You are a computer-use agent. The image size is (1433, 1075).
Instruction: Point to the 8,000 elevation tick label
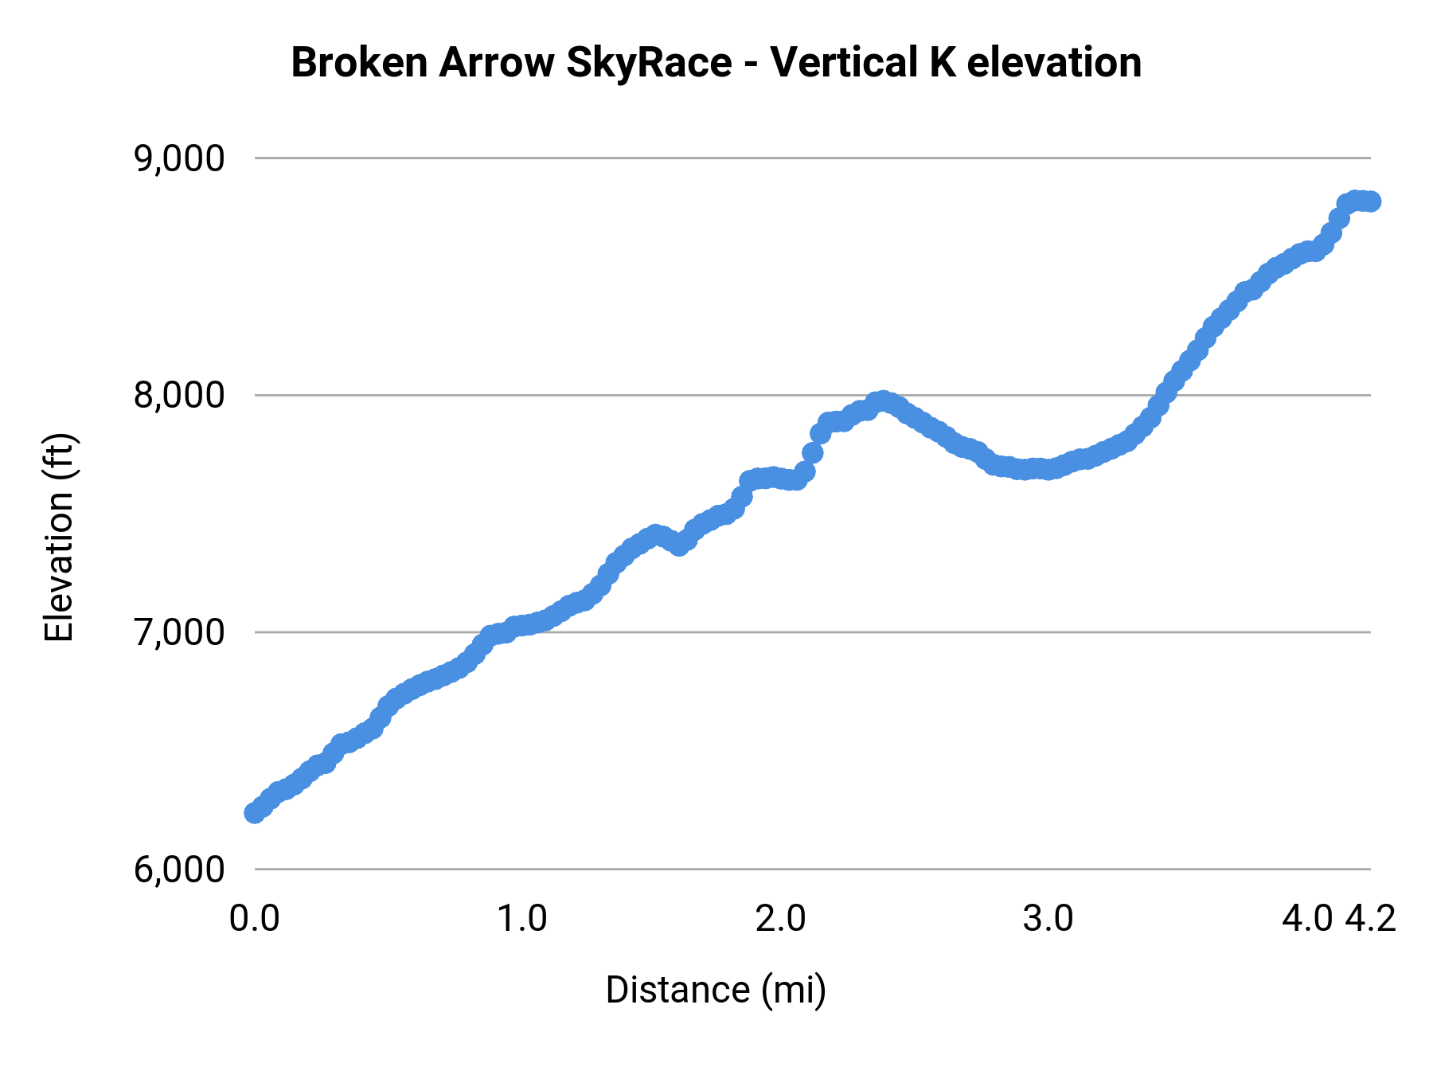179,396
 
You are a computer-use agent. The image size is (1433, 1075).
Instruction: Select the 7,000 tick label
179,633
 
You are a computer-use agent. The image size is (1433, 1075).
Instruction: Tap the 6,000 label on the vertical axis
179,870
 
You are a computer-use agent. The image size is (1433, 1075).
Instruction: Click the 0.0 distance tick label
254,919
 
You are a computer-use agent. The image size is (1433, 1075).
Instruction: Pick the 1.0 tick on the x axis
521,919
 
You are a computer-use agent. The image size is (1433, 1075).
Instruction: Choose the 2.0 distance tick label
781,919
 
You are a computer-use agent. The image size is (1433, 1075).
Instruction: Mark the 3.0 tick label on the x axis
1048,919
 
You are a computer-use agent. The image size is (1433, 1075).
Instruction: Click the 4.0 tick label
1306,919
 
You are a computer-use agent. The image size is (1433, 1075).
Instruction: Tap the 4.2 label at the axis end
1371,919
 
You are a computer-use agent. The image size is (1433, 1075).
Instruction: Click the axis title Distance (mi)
716,990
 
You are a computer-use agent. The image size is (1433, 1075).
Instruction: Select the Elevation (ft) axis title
59,537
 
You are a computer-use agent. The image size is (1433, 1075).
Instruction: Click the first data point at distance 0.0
255,812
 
